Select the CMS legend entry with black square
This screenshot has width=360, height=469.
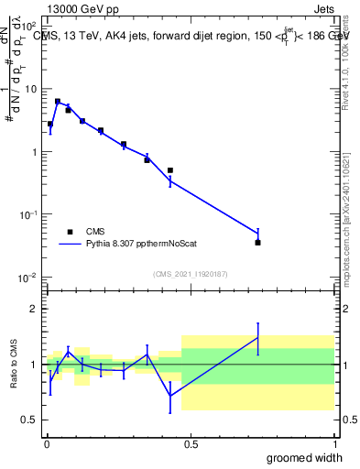tap(71, 232)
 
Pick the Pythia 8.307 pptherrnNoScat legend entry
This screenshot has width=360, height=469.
tap(137, 245)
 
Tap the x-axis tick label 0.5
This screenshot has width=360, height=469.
tap(190, 444)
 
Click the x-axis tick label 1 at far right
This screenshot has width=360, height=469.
tap(334, 444)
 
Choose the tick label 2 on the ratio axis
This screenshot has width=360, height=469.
tap(33, 309)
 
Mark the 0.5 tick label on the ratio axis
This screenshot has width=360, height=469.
tap(29, 420)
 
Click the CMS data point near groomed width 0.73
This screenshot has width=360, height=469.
tap(257, 243)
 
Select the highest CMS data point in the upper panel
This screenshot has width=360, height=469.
tap(58, 102)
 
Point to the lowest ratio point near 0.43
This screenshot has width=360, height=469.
tap(170, 396)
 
